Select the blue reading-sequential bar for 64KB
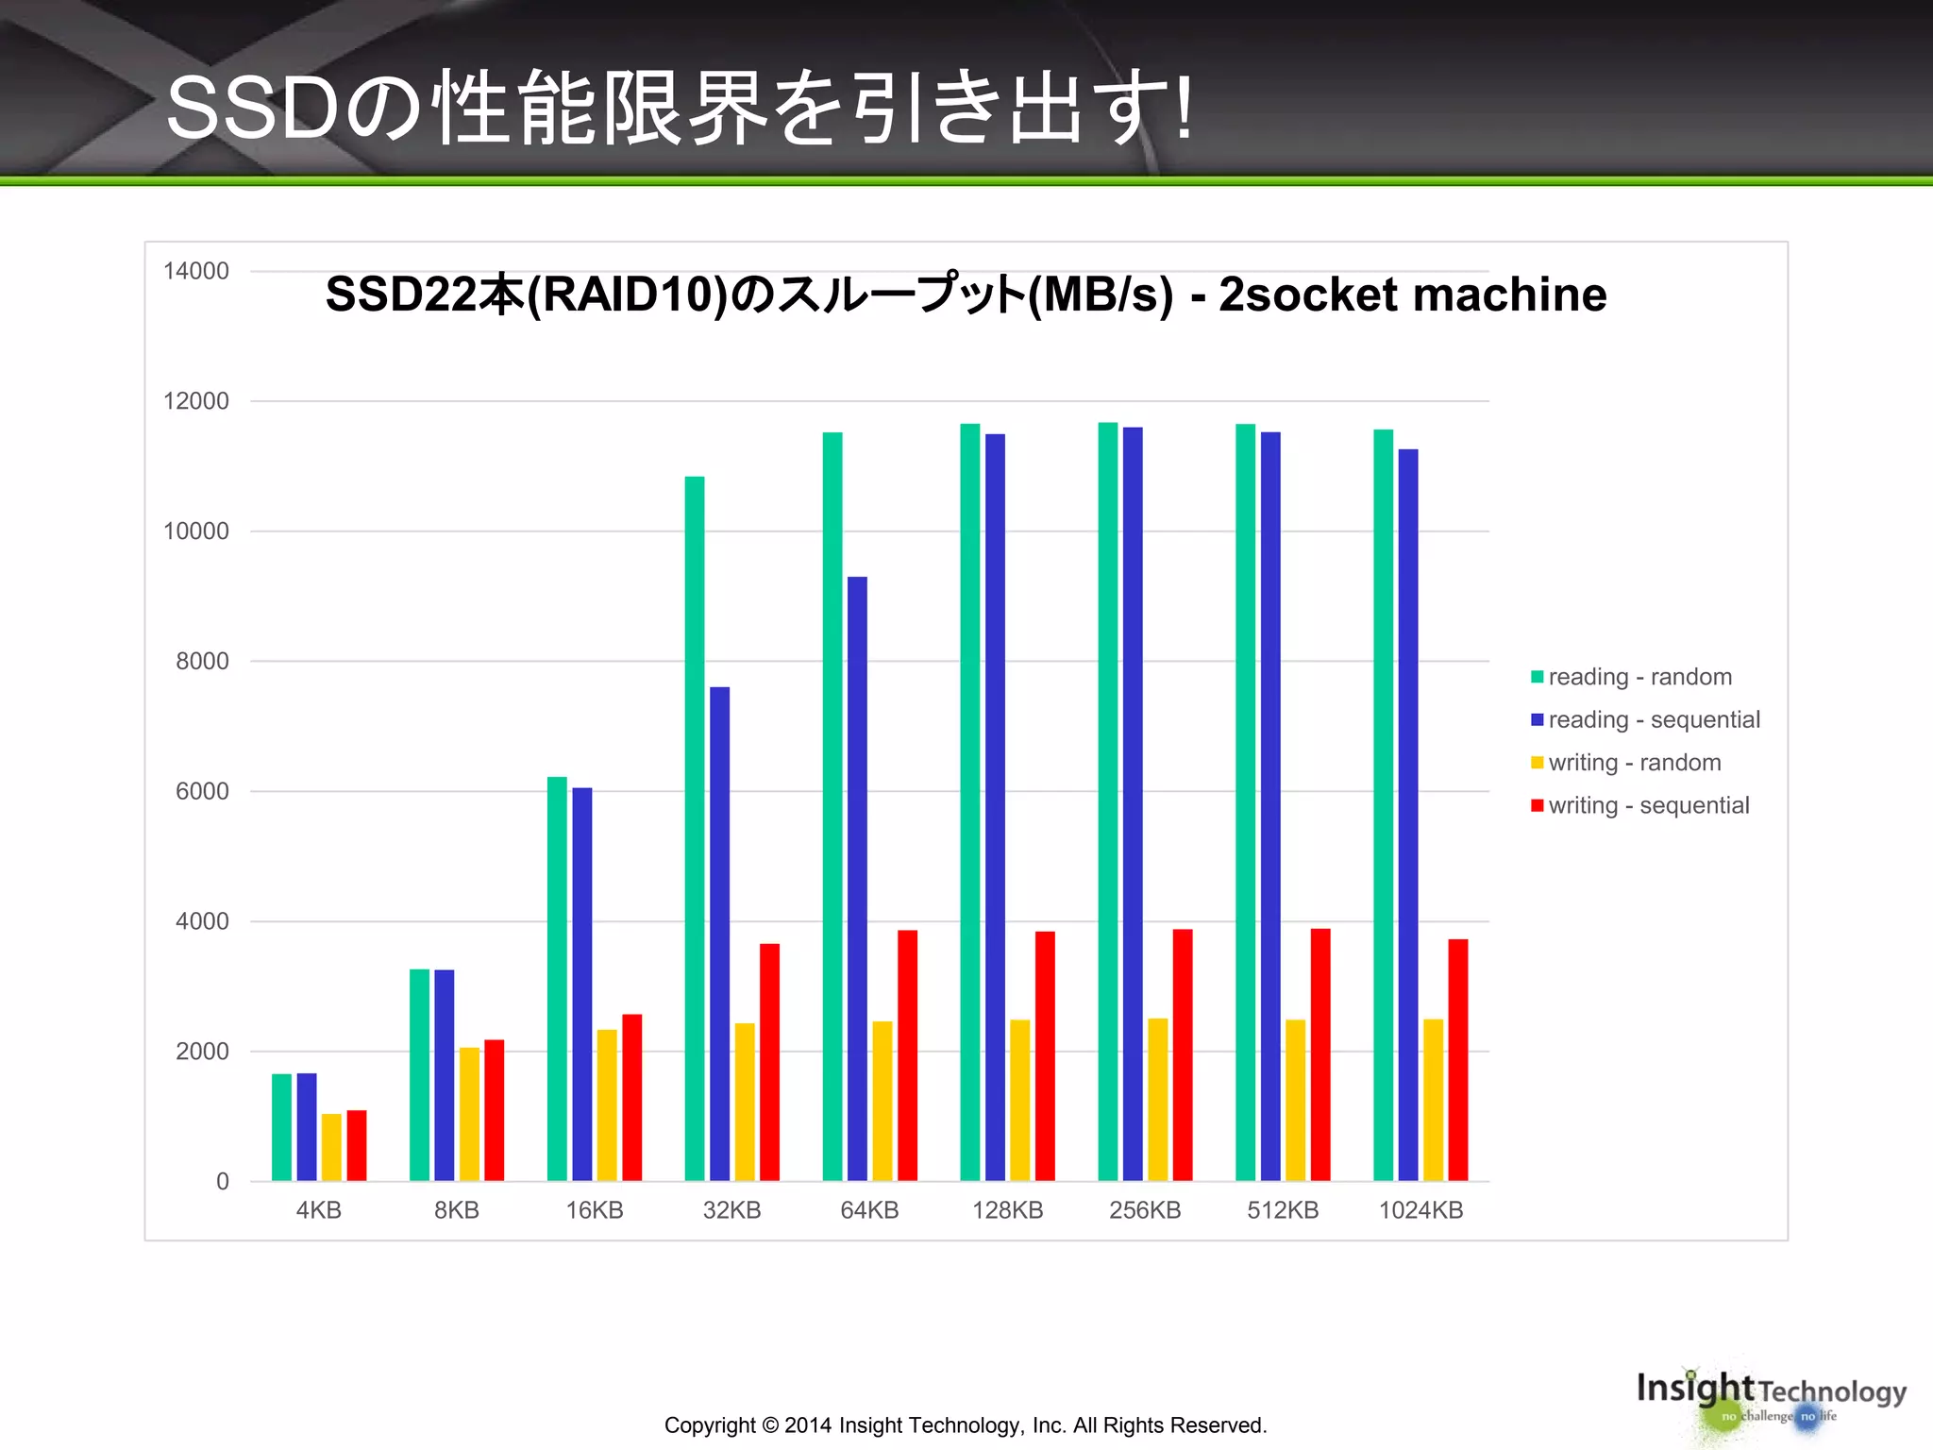(857, 878)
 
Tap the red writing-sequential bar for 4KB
(357, 1145)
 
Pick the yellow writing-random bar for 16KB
(607, 1104)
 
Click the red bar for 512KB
(1320, 1054)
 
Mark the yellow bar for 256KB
(1157, 1100)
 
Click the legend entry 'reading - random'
(1639, 677)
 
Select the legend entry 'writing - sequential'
(1648, 805)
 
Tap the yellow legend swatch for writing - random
(1538, 763)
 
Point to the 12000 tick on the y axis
(196, 401)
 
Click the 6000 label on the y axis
(202, 791)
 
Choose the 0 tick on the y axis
(223, 1181)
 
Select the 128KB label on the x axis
(1007, 1210)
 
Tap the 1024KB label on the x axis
(1420, 1210)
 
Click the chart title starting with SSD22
(966, 295)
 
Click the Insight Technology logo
(1771, 1398)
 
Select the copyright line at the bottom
(966, 1425)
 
